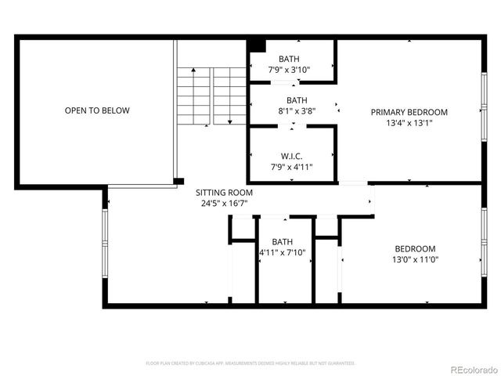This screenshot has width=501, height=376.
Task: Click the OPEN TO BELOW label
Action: [97, 110]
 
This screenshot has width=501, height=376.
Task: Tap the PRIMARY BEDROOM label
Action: [409, 112]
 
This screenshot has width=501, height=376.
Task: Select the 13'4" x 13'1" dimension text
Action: [409, 123]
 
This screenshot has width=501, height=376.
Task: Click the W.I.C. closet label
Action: [291, 155]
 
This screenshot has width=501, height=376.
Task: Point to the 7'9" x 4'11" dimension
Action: [291, 166]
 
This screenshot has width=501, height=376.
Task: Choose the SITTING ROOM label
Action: [224, 192]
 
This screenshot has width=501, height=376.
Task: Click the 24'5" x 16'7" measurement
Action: [224, 204]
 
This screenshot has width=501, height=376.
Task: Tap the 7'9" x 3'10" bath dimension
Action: [289, 70]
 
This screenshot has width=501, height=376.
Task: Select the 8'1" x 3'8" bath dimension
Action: [296, 110]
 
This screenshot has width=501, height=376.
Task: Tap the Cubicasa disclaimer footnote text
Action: [250, 363]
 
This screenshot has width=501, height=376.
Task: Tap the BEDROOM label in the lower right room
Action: [414, 248]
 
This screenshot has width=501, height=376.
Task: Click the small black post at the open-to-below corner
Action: [179, 182]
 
